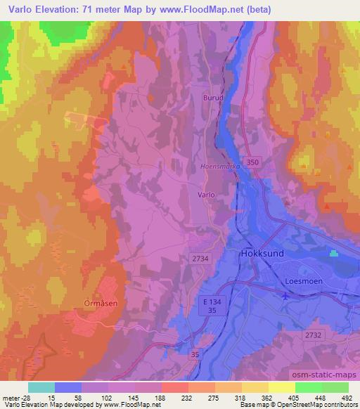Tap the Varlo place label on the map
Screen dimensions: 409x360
coord(206,193)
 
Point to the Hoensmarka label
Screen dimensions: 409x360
coord(221,167)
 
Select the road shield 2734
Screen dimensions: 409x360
coord(200,259)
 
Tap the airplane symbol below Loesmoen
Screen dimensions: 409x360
coord(284,296)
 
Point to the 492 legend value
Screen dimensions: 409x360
coord(347,397)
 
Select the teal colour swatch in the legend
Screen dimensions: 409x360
coord(41,387)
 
